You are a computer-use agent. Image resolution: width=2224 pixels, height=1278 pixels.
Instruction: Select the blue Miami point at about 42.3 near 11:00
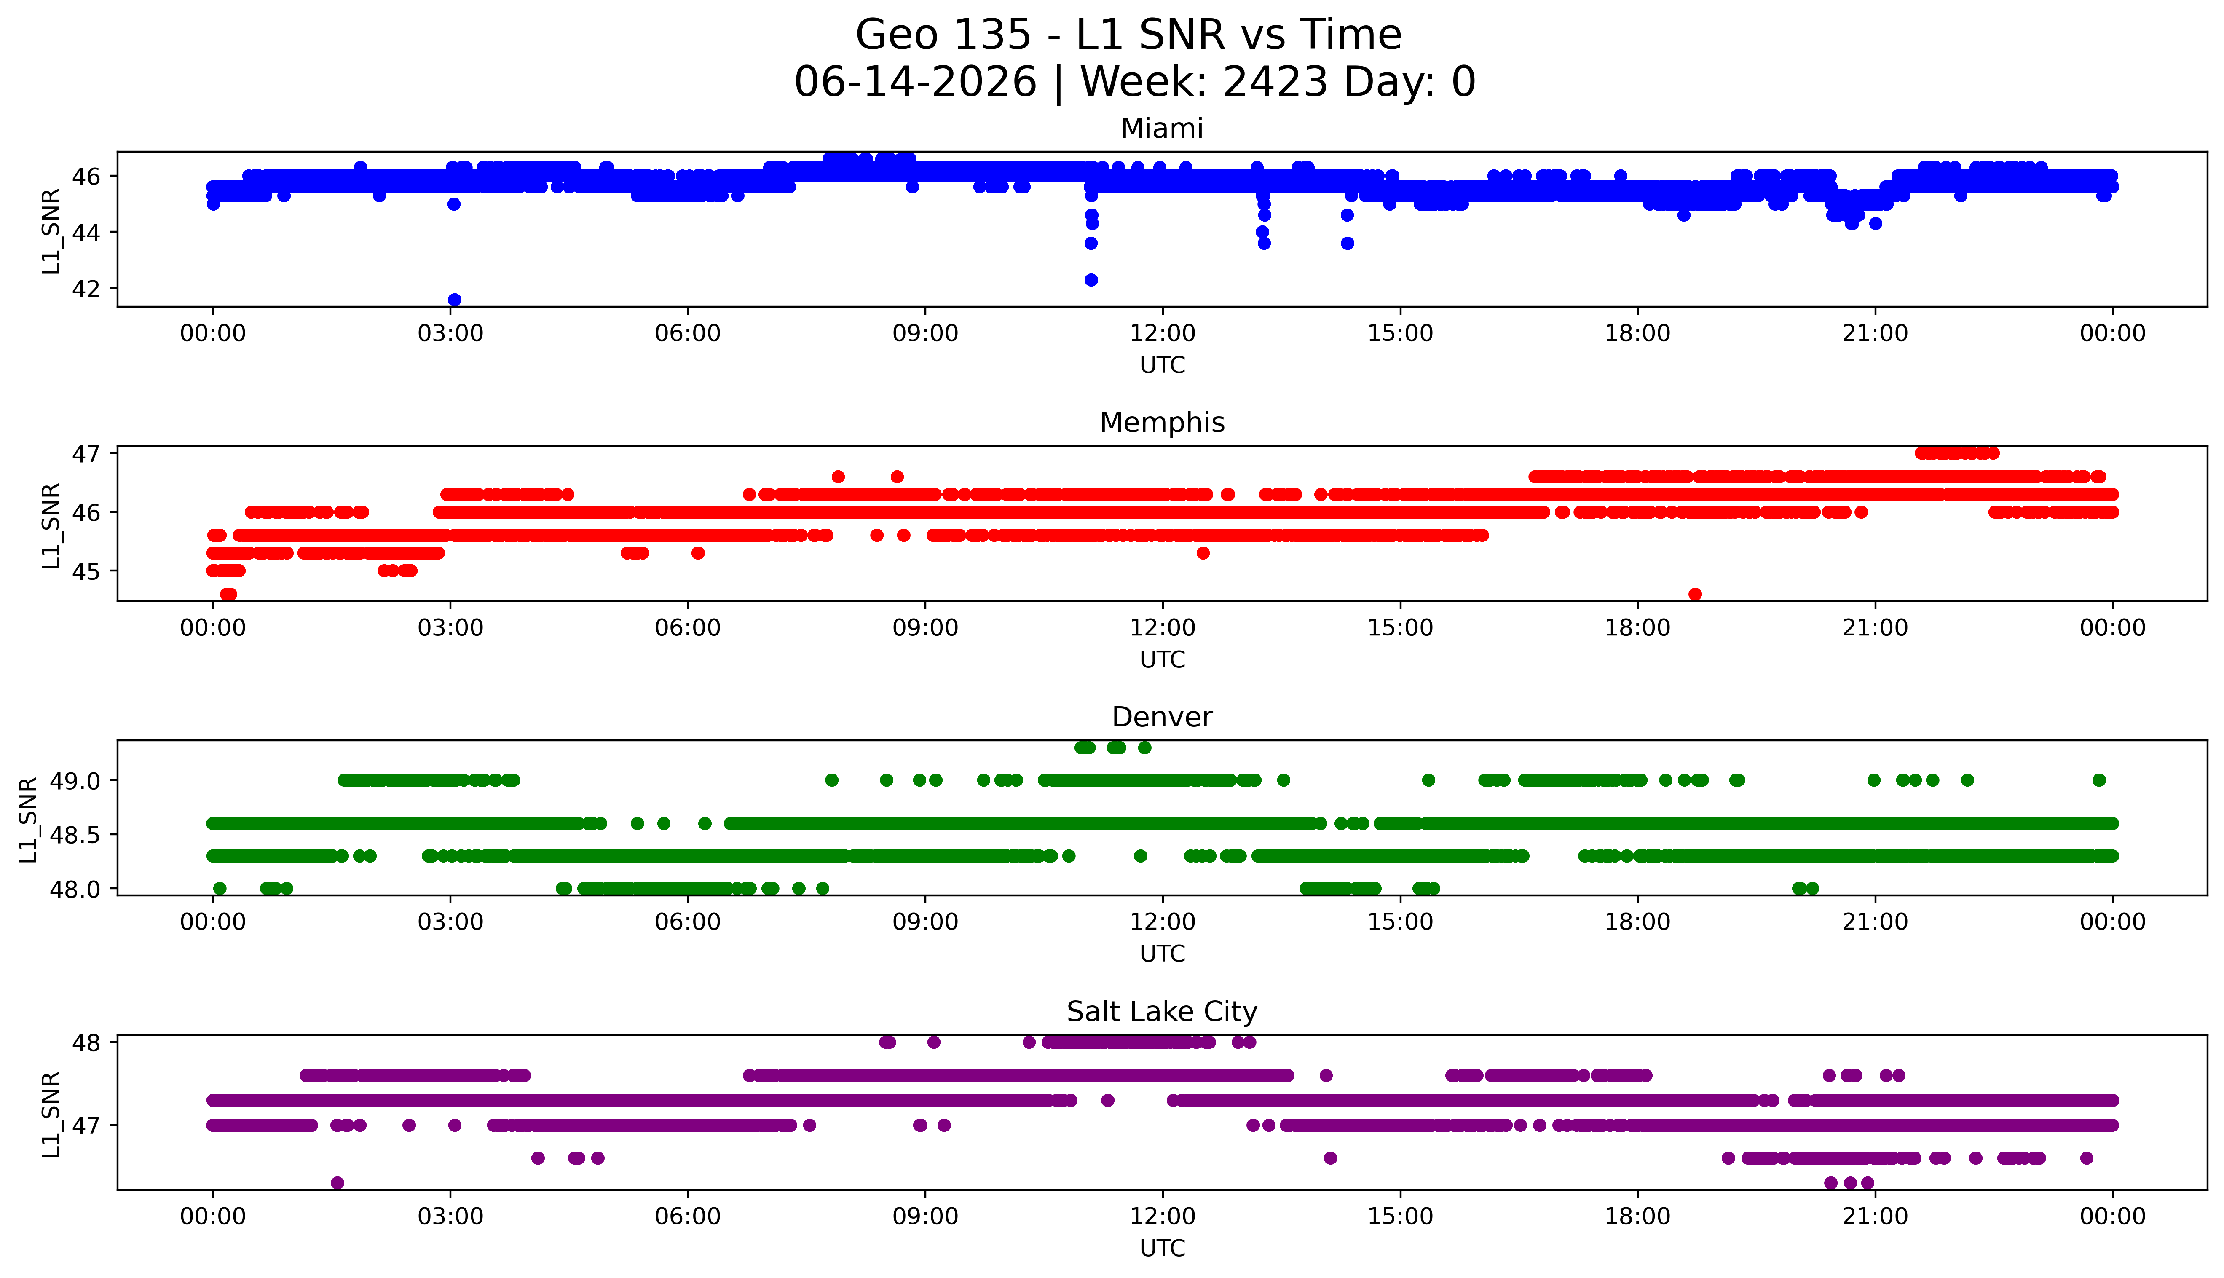coord(1091,280)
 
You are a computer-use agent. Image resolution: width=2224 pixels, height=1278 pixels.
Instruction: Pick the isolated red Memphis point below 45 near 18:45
coord(1695,594)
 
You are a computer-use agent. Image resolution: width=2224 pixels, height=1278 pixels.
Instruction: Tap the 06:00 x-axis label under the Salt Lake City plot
coord(687,1216)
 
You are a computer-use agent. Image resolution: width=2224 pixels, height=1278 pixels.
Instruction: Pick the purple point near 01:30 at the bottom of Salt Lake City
coord(337,1182)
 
